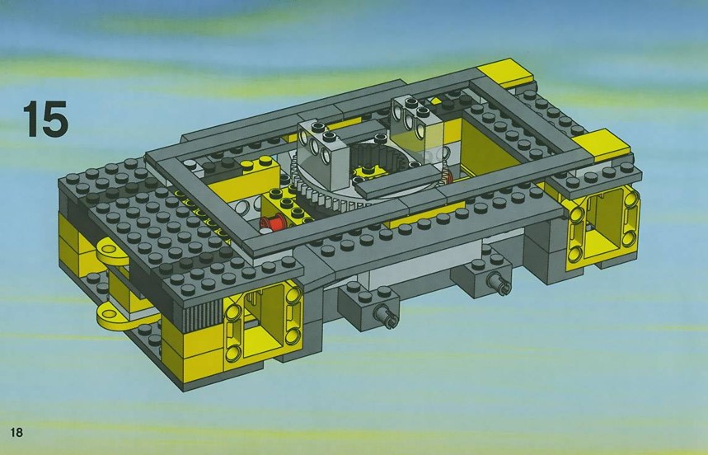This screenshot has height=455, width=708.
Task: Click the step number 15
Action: (x=45, y=119)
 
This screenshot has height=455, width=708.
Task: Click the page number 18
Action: (x=16, y=433)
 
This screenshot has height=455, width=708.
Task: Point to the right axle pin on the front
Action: (x=499, y=283)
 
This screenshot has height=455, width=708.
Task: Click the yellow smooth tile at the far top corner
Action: (x=506, y=73)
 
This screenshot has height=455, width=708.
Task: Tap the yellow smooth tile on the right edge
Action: (x=603, y=144)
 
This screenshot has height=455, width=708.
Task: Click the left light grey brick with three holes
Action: (x=324, y=152)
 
